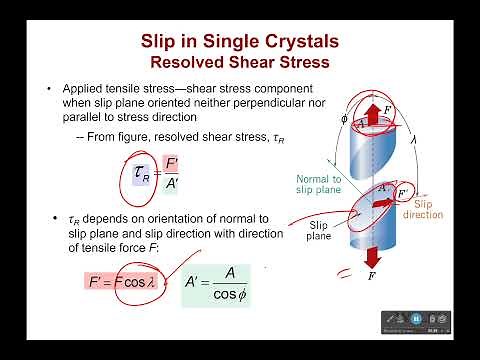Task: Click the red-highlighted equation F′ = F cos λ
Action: (x=119, y=283)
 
